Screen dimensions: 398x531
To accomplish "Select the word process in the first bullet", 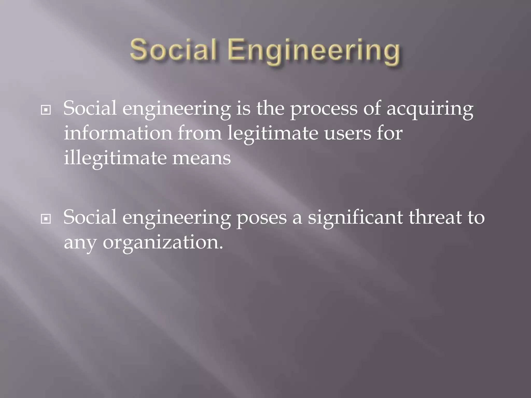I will tap(324, 109).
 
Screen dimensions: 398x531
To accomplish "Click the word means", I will tap(201, 159).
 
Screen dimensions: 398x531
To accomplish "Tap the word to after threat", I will tap(476, 217).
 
